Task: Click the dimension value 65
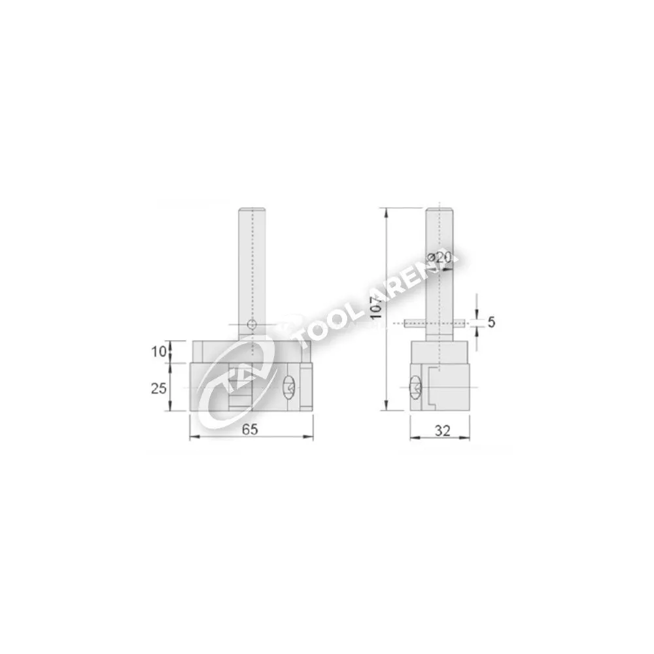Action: coord(250,429)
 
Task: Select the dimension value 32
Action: coord(443,430)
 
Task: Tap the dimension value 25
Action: coord(158,388)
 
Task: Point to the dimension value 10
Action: coord(158,352)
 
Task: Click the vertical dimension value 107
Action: coord(377,307)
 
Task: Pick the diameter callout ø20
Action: coord(439,258)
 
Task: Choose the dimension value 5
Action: coord(491,322)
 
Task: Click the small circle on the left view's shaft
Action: coord(252,324)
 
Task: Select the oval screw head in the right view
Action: coord(416,388)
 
